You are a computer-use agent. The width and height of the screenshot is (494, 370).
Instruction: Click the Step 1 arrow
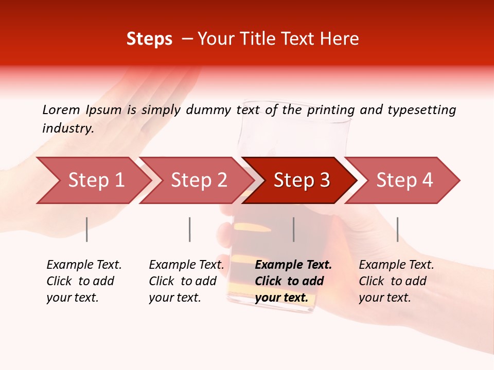click(96, 180)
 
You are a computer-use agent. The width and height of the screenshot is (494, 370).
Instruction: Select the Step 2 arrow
click(199, 180)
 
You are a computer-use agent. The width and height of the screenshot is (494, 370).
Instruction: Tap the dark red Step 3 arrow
click(302, 180)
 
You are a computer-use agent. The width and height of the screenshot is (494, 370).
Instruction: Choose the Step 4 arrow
click(404, 180)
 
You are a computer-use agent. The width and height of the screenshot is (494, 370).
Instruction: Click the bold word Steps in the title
click(149, 39)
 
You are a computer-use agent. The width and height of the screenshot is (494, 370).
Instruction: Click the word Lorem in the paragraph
click(61, 110)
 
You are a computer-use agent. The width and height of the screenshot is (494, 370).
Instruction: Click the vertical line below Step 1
click(87, 229)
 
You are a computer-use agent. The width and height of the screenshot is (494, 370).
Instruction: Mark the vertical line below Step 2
click(190, 229)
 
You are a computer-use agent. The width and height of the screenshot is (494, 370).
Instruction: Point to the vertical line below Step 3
click(293, 229)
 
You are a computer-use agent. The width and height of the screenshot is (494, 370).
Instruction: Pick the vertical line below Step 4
click(397, 229)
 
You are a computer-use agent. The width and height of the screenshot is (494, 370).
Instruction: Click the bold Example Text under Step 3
click(293, 265)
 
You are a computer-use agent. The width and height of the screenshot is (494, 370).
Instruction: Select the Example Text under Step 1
click(84, 265)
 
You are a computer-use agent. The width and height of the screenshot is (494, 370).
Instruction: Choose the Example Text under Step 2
click(186, 265)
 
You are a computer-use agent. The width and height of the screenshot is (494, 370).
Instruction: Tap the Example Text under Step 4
click(396, 265)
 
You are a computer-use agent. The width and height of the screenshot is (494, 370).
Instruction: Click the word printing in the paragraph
click(331, 110)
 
